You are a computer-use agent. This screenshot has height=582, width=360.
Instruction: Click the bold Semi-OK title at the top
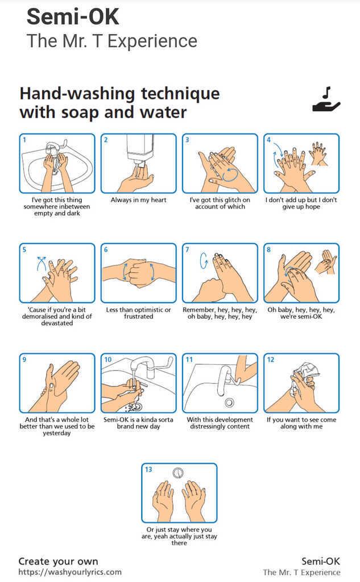pyautogui.click(x=73, y=17)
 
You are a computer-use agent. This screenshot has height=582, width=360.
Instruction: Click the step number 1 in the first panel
pyautogui.click(x=24, y=140)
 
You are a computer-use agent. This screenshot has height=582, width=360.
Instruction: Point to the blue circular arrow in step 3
pyautogui.click(x=230, y=174)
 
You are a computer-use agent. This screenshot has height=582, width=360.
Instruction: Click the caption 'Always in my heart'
pyautogui.click(x=138, y=199)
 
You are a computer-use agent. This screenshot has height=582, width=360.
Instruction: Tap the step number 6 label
pyautogui.click(x=106, y=250)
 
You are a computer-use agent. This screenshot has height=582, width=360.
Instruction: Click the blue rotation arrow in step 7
pyautogui.click(x=204, y=260)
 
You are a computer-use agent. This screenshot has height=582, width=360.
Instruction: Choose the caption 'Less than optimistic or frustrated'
pyautogui.click(x=138, y=313)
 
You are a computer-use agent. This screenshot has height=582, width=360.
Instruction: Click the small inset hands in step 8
pyautogui.click(x=325, y=261)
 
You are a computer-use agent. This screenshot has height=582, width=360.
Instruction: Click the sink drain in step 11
pyautogui.click(x=229, y=402)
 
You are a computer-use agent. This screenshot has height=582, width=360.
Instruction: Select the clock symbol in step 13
pyautogui.click(x=179, y=473)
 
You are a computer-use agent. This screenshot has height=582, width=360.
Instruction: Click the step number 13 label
pyautogui.click(x=148, y=469)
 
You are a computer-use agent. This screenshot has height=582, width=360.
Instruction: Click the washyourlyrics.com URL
pyautogui.click(x=70, y=572)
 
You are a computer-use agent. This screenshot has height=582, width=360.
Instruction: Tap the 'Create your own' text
pyautogui.click(x=59, y=561)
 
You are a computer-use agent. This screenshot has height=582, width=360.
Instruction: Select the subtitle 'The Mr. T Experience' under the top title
pyautogui.click(x=112, y=41)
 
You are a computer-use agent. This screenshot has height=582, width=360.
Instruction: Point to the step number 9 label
pyautogui.click(x=24, y=360)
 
